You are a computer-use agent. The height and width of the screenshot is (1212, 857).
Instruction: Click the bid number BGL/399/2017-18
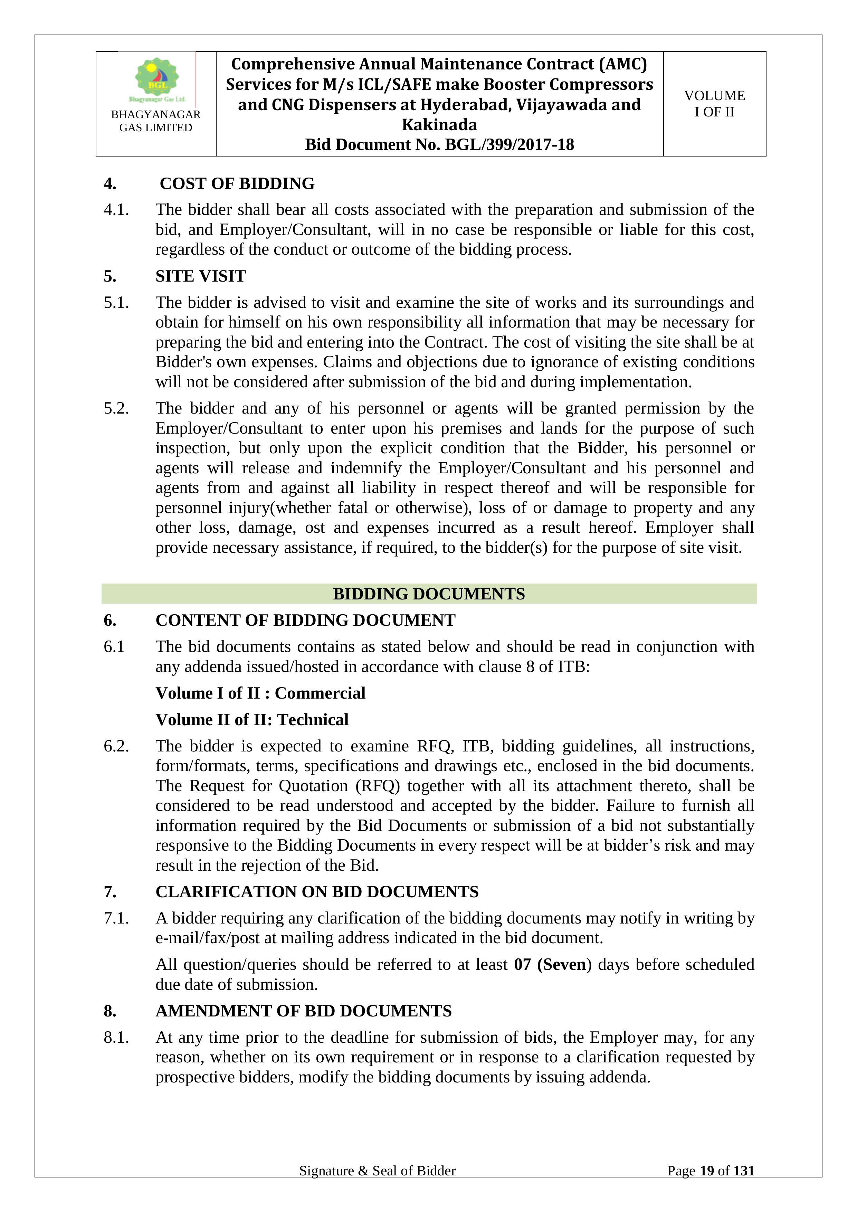[509, 145]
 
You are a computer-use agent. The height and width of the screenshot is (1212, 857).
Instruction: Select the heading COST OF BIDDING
[237, 184]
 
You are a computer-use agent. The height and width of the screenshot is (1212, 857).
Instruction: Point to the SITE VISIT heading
[201, 276]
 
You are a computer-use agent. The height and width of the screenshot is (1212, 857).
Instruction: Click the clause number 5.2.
[116, 408]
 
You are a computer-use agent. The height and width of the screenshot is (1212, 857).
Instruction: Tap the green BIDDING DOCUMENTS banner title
[428, 594]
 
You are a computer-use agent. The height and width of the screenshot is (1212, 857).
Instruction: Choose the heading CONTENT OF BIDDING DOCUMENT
[305, 620]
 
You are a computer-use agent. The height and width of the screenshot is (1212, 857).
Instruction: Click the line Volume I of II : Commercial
[260, 693]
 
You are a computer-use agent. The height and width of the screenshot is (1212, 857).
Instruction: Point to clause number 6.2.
[116, 746]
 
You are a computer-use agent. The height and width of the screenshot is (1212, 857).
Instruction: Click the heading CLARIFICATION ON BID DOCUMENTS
[317, 892]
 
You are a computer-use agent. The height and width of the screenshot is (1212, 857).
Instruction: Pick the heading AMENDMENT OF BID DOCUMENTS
[303, 1011]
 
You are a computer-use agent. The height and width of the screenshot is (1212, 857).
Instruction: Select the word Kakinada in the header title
[439, 125]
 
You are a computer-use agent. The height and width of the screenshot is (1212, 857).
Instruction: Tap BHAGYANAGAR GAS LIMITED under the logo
[156, 121]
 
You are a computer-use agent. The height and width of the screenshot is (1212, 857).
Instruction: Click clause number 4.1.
[116, 210]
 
